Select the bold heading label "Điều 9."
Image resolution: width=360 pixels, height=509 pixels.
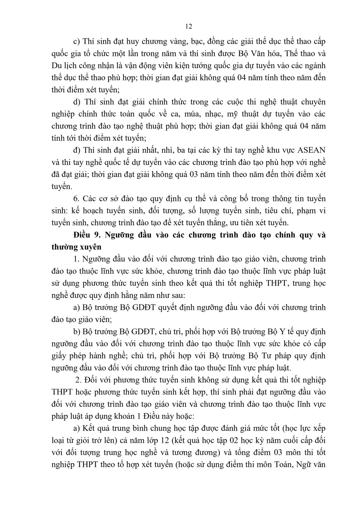tap(86, 235)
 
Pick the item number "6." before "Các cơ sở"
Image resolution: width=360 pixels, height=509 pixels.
tap(76, 199)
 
